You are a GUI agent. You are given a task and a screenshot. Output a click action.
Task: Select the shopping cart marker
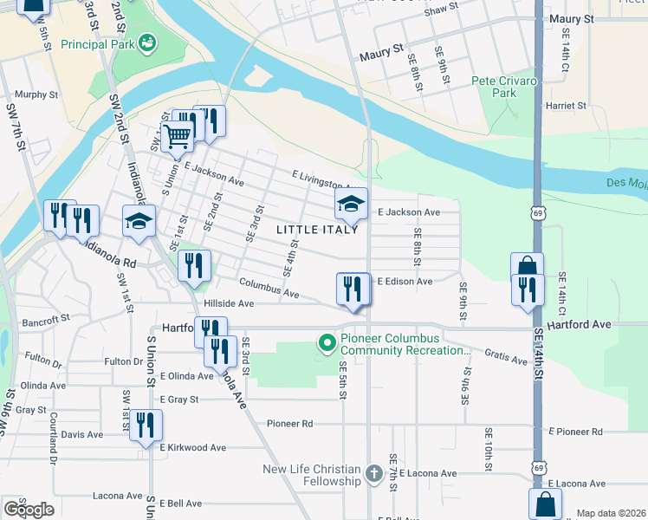(177, 136)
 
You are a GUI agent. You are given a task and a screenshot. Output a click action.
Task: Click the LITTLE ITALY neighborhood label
(317, 230)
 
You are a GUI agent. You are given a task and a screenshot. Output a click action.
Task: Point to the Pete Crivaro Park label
(504, 86)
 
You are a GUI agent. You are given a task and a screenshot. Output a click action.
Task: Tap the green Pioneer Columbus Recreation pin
(327, 344)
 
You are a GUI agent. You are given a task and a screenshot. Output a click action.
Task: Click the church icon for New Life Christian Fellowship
(373, 473)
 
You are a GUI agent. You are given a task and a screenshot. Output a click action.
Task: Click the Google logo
(29, 510)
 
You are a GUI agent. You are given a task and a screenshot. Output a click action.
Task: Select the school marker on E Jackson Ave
(351, 205)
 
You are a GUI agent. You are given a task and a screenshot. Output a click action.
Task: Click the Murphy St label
(36, 94)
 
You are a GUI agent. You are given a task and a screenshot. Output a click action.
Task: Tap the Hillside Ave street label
(229, 304)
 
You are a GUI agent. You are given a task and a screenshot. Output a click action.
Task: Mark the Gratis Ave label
(507, 356)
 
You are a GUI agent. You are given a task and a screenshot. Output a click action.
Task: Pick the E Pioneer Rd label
(575, 432)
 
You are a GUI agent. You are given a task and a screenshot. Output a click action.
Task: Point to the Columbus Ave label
(269, 289)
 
